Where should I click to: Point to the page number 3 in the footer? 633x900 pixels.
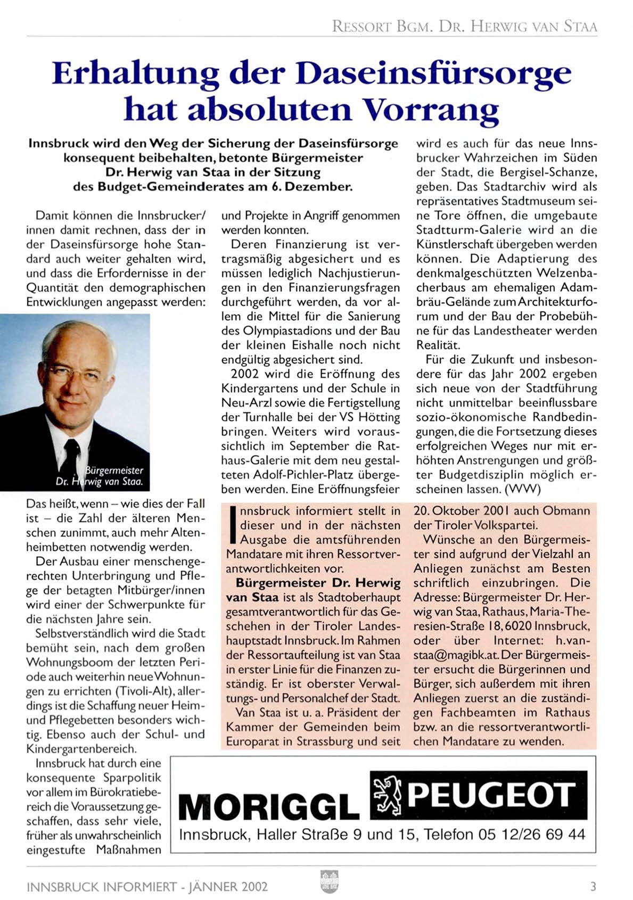(593, 886)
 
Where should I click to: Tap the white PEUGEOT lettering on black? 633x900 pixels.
(491, 795)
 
